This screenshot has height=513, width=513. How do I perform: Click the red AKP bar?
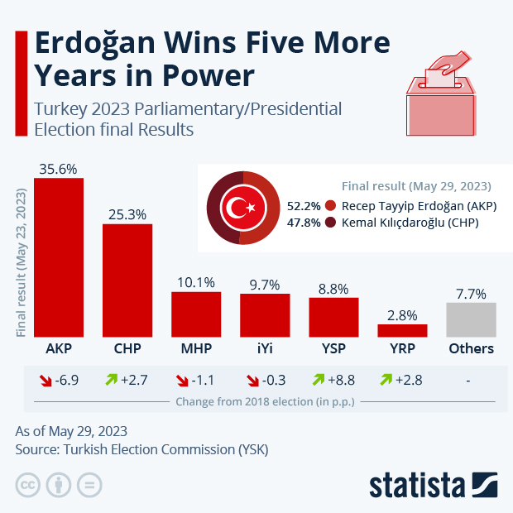click(x=58, y=257)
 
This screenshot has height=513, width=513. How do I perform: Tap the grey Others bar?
click(x=471, y=319)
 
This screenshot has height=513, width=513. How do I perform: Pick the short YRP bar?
click(x=402, y=330)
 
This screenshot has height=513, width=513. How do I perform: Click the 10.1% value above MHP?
click(x=196, y=282)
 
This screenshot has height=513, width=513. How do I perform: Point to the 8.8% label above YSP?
click(x=333, y=289)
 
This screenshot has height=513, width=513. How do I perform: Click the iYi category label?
click(x=265, y=348)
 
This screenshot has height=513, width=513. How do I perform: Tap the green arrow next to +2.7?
click(x=108, y=381)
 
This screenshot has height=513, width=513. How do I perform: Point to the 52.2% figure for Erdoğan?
click(x=303, y=206)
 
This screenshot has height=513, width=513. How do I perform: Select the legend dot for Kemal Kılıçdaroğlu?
click(x=331, y=223)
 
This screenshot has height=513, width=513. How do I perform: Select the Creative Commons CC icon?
click(x=27, y=485)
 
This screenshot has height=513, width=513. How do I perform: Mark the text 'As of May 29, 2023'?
click(x=72, y=431)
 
